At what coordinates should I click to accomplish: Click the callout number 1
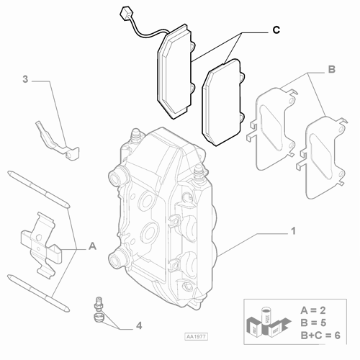[x=293, y=232]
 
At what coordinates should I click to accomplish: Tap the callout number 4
[x=138, y=325]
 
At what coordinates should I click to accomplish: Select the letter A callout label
[x=92, y=246]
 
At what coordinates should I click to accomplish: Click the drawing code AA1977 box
[x=194, y=336]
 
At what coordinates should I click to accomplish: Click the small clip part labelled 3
[x=58, y=140]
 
